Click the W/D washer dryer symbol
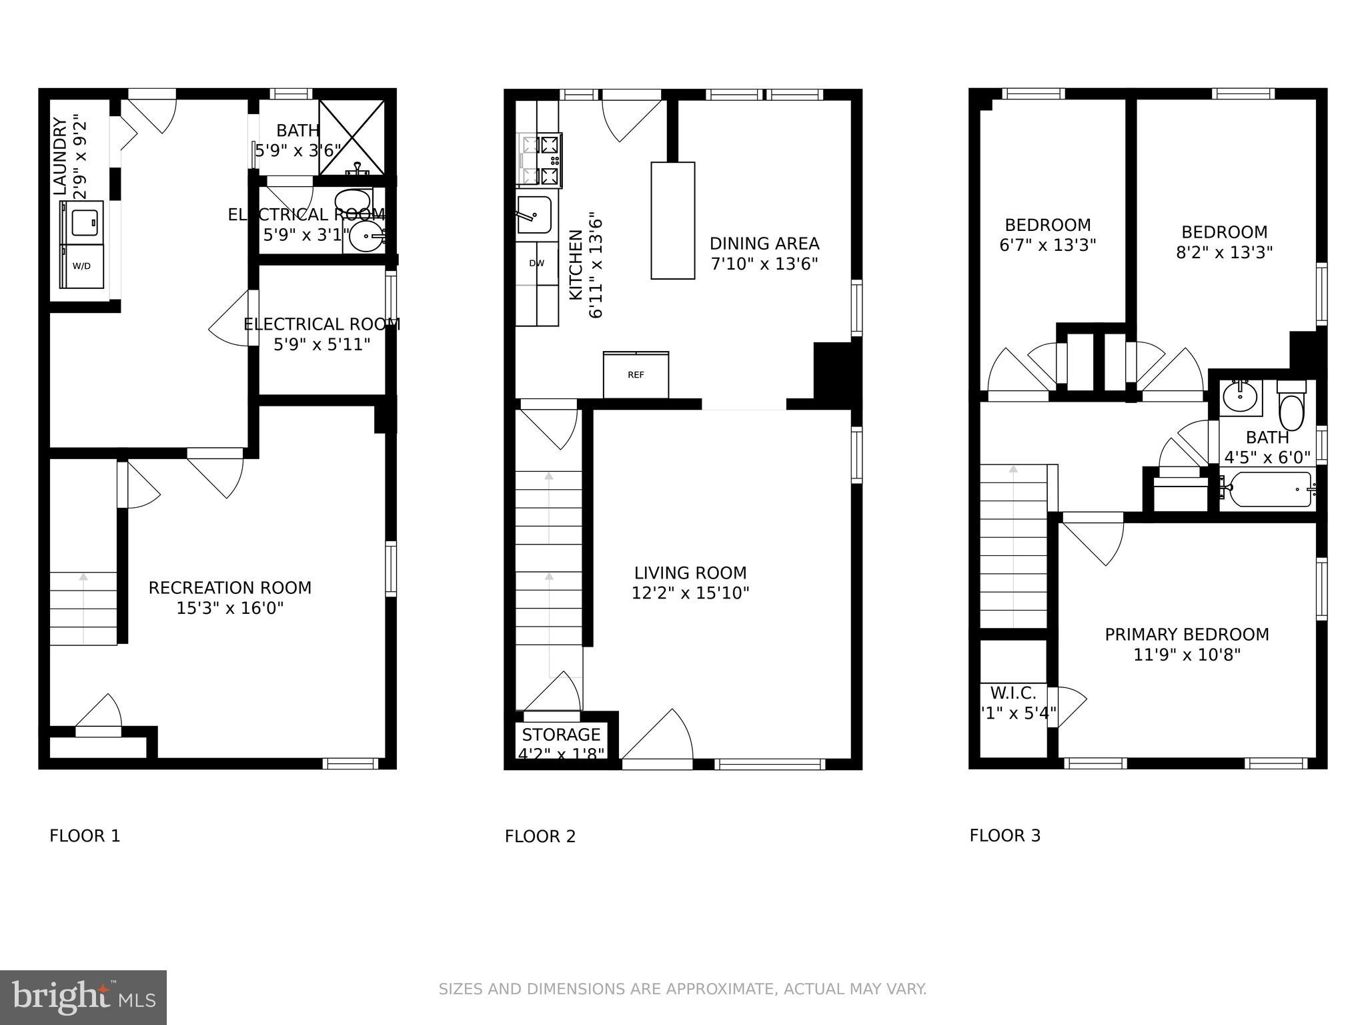[82, 266]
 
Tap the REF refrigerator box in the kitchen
[636, 375]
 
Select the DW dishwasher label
[537, 263]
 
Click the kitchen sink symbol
[534, 215]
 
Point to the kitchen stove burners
[540, 161]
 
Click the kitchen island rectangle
[672, 220]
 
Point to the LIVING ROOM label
[690, 573]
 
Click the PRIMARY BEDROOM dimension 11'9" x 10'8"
[1187, 655]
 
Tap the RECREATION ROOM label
[229, 588]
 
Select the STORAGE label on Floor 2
[561, 735]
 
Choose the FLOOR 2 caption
[540, 836]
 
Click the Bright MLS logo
[83, 997]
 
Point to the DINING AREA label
[764, 244]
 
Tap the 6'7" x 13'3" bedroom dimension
[1047, 246]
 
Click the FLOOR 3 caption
[1004, 835]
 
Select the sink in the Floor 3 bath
[1239, 399]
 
